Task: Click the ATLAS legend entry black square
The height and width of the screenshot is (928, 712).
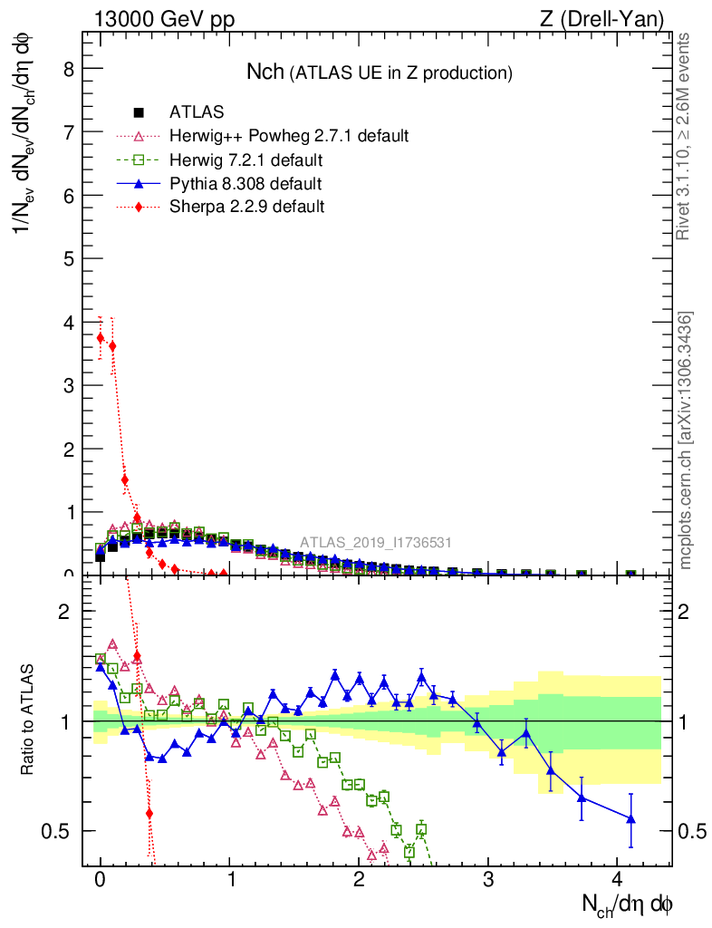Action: pos(139,112)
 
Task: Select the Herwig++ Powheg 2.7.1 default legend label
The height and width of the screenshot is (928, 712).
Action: pos(289,136)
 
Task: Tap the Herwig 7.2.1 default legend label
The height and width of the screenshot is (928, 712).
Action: pos(246,160)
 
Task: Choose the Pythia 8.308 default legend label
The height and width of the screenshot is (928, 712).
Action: pos(245,184)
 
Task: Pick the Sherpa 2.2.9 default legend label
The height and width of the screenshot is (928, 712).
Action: pos(246,207)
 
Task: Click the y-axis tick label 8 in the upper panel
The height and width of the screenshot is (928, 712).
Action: pos(66,69)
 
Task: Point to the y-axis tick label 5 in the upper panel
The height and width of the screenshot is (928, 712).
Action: pos(66,258)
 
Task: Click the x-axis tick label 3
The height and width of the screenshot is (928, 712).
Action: pos(488,881)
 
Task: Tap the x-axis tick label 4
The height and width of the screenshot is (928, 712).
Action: pos(618,881)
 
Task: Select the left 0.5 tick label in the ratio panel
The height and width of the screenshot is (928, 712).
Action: pos(60,831)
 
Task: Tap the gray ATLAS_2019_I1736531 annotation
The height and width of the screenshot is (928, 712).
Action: pos(376,543)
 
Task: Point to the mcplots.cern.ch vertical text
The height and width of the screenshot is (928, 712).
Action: pos(686,441)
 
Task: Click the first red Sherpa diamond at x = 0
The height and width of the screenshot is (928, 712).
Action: pos(101,337)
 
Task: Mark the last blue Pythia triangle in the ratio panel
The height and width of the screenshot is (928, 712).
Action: pos(630,819)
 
